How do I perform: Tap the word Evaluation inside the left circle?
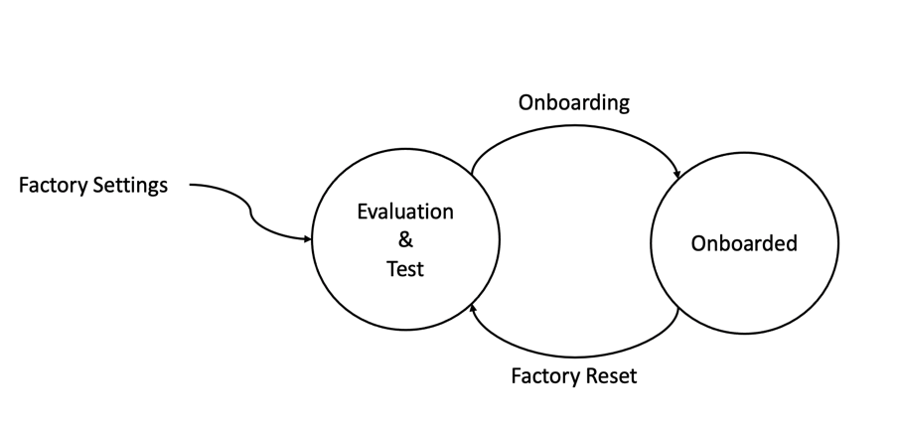[x=405, y=213]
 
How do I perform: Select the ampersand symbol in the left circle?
[x=405, y=240]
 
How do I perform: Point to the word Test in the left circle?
[x=405, y=269]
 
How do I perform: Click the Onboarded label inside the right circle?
[x=744, y=243]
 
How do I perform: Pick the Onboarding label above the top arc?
[x=574, y=102]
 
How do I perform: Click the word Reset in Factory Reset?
[x=607, y=376]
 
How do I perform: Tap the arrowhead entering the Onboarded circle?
[x=677, y=176]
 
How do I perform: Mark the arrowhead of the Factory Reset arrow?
[x=473, y=310]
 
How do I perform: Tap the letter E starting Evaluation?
[x=363, y=213]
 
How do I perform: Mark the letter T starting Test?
[x=391, y=269]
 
